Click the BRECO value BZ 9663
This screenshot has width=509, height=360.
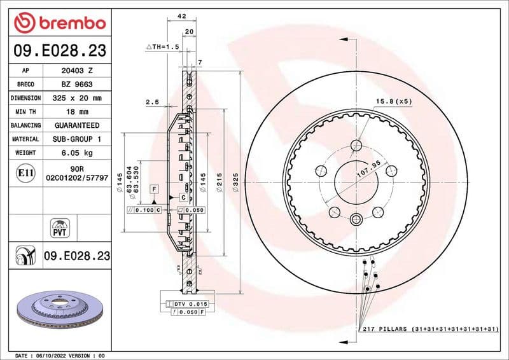coord(77,84)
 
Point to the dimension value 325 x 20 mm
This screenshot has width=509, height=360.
coord(77,98)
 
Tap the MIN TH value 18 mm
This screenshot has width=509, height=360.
coord(77,112)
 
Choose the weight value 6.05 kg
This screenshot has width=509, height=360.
coord(77,153)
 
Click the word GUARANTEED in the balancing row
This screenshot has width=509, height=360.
coord(77,125)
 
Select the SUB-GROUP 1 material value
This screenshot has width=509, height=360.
coord(77,139)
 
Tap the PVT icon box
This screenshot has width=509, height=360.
coord(59,227)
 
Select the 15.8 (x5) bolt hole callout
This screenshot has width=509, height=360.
coord(394,102)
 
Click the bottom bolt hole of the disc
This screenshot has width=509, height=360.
coord(354,220)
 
